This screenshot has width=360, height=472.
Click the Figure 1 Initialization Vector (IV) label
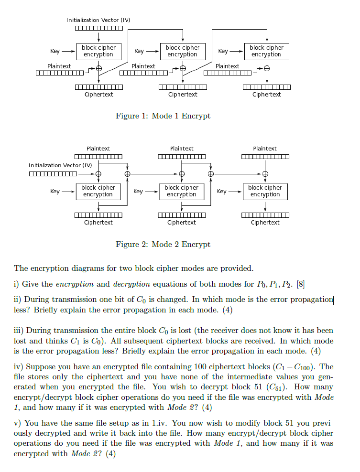coord(98,20)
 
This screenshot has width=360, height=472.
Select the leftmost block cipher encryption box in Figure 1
coord(99,52)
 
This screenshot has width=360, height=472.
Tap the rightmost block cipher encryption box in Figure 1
coord(267,52)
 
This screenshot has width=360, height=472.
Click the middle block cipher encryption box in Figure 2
coord(182,192)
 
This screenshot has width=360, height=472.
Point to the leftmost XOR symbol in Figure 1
coord(99,69)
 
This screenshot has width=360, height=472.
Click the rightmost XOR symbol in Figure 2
coord(265,174)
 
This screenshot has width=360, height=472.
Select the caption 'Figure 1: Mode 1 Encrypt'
coord(163,116)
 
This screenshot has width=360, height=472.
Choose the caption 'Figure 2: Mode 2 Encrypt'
coord(163,244)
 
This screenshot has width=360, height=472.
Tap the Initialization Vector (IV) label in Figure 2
coord(60,165)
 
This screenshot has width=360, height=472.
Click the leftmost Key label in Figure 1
coord(55,51)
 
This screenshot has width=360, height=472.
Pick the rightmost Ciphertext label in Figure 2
coord(265,223)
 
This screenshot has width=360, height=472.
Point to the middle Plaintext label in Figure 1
coord(143,66)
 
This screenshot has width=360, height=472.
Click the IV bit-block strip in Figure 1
coord(99,28)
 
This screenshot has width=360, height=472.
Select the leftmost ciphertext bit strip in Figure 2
coord(98,215)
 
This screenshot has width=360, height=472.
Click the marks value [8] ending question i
coord(300,284)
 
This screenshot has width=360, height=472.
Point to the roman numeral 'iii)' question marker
coord(19,331)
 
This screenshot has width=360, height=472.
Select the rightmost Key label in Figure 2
coord(221,191)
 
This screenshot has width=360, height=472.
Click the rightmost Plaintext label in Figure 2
coord(265,149)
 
